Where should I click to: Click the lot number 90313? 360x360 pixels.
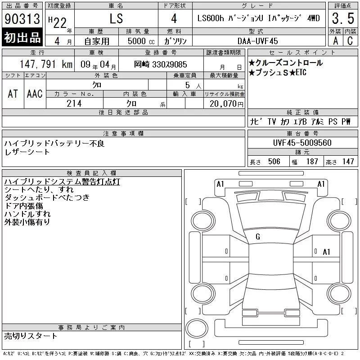pos(22,18)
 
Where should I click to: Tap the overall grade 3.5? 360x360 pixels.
pos(343,18)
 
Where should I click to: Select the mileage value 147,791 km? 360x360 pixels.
pos(46,64)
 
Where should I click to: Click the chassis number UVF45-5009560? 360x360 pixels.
pos(302,143)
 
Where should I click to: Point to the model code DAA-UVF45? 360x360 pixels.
pos(257,41)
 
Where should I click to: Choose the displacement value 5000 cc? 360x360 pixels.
pos(141,41)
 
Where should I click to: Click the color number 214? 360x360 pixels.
pos(74,103)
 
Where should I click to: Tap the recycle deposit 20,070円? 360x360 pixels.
pos(226,104)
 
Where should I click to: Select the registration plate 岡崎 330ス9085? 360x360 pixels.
pos(161,64)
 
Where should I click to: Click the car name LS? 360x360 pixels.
pos(116,18)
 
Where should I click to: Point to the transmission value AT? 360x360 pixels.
pos(13,94)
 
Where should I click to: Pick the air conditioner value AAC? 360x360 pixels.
pos(35,94)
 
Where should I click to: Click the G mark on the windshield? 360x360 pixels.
pos(258,237)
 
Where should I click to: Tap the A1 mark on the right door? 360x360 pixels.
pos(327,252)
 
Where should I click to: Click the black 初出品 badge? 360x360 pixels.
pos(22,37)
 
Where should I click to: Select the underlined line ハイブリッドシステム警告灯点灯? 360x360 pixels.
pos(62,182)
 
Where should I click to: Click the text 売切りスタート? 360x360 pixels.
pos(31,336)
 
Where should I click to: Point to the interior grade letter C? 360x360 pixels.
pos(350,41)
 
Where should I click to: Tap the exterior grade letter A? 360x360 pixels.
pos(335,41)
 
